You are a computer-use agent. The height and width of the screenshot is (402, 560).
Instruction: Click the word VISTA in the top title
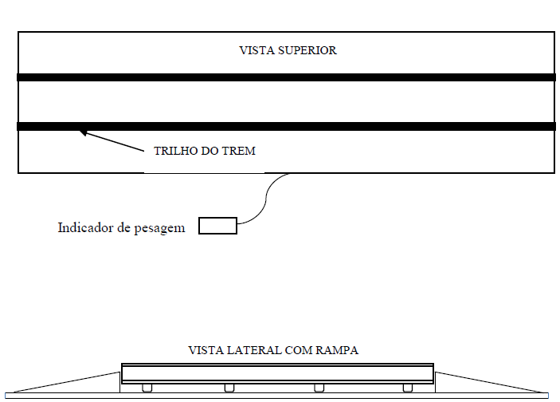[x=257, y=50]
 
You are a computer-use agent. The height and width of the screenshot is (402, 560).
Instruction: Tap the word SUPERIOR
[x=307, y=50]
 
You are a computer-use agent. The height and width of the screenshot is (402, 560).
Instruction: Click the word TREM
[x=240, y=151]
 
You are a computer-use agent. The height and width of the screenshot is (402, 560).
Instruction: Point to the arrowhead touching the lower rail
[x=83, y=132]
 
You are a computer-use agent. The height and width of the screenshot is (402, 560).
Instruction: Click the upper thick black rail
[x=287, y=77]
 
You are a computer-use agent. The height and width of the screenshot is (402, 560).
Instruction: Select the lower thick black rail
[x=287, y=126]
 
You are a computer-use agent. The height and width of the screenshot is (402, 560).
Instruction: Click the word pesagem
[x=159, y=229]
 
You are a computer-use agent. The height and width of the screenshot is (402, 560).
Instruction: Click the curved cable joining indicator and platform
[x=266, y=199]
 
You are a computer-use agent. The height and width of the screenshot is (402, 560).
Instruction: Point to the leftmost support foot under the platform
[x=147, y=388]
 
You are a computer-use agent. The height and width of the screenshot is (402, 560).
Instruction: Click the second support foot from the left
[x=229, y=388]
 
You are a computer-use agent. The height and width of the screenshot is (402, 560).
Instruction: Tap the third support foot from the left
[x=319, y=388]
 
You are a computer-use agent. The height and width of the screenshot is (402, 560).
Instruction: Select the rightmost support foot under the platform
[x=408, y=388]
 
